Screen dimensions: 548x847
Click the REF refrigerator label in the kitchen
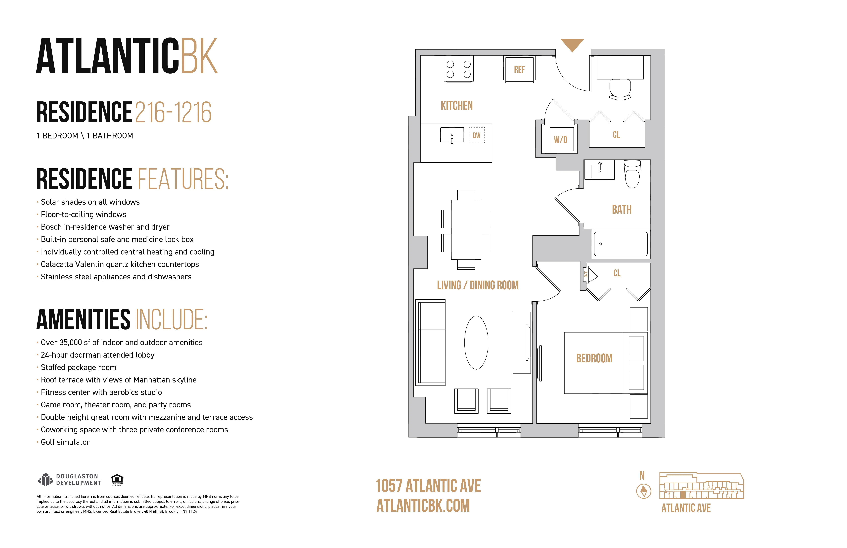click(519, 69)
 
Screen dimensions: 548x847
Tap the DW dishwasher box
click(477, 135)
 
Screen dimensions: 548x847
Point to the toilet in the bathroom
click(632, 174)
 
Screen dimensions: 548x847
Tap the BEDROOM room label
click(594, 358)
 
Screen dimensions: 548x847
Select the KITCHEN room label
click(457, 106)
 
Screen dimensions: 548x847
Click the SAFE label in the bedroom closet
click(585, 274)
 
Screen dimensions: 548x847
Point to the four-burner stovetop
click(459, 69)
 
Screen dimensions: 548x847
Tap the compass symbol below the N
click(643, 491)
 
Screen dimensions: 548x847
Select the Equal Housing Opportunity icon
click(117, 479)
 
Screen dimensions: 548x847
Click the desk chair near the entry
click(620, 89)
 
